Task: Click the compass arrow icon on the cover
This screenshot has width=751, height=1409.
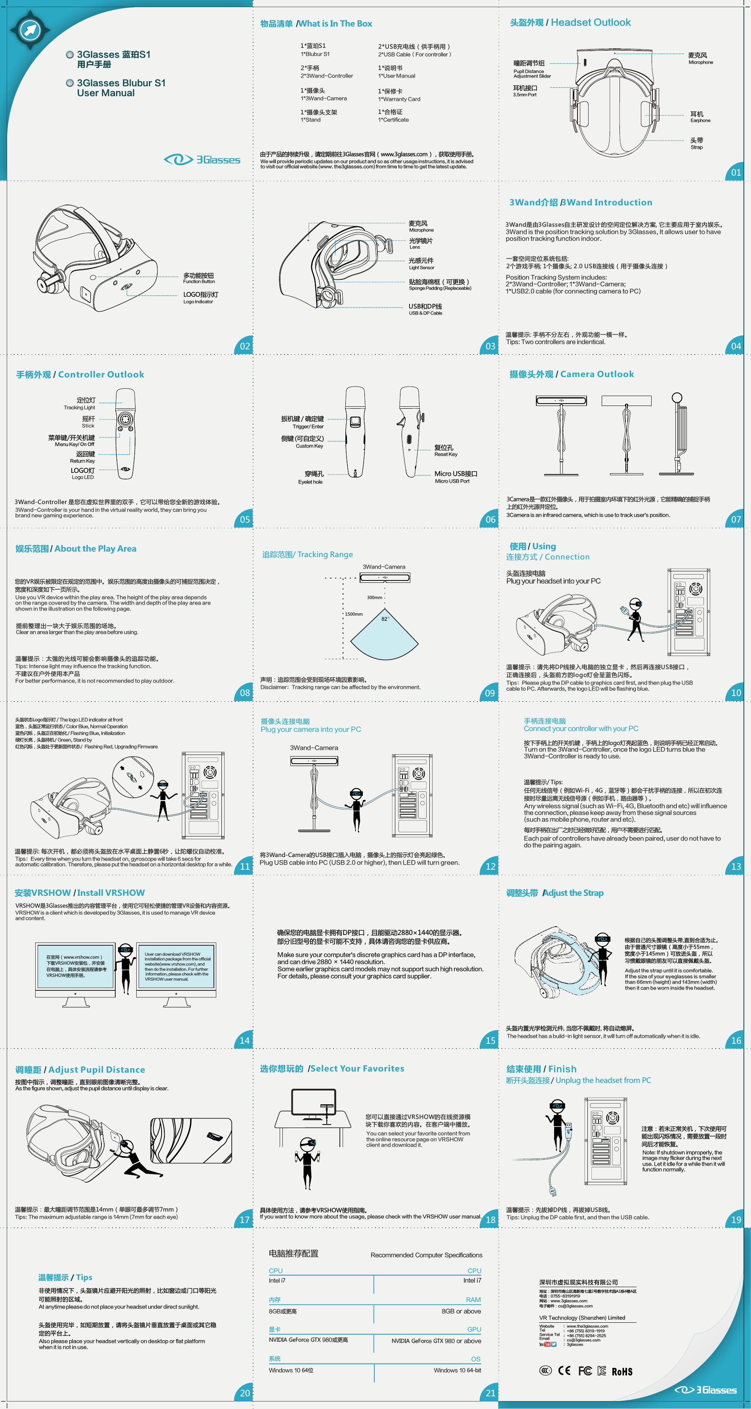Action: pos(30,30)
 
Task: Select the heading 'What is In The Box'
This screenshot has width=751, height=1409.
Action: pos(335,23)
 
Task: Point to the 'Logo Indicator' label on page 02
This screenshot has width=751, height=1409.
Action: pos(198,302)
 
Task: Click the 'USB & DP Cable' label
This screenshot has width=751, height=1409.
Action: pos(425,313)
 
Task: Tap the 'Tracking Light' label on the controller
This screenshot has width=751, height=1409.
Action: pos(79,408)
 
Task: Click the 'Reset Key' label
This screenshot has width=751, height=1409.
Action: pos(446,455)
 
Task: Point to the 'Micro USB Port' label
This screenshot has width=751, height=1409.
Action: pos(452,481)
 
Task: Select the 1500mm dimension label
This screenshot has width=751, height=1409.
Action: pos(354,614)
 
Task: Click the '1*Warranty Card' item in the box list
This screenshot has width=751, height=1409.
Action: pos(399,100)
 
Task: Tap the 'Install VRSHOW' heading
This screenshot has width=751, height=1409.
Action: pos(111,893)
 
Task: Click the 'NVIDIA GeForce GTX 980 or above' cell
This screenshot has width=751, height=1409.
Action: pos(436,1341)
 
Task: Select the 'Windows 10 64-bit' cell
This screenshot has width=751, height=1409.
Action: pos(457,1370)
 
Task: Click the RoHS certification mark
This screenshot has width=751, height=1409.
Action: pos(622,1371)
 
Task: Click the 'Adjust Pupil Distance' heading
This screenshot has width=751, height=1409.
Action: pos(96,1070)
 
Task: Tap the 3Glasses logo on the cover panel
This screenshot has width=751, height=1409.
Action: pos(202,160)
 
